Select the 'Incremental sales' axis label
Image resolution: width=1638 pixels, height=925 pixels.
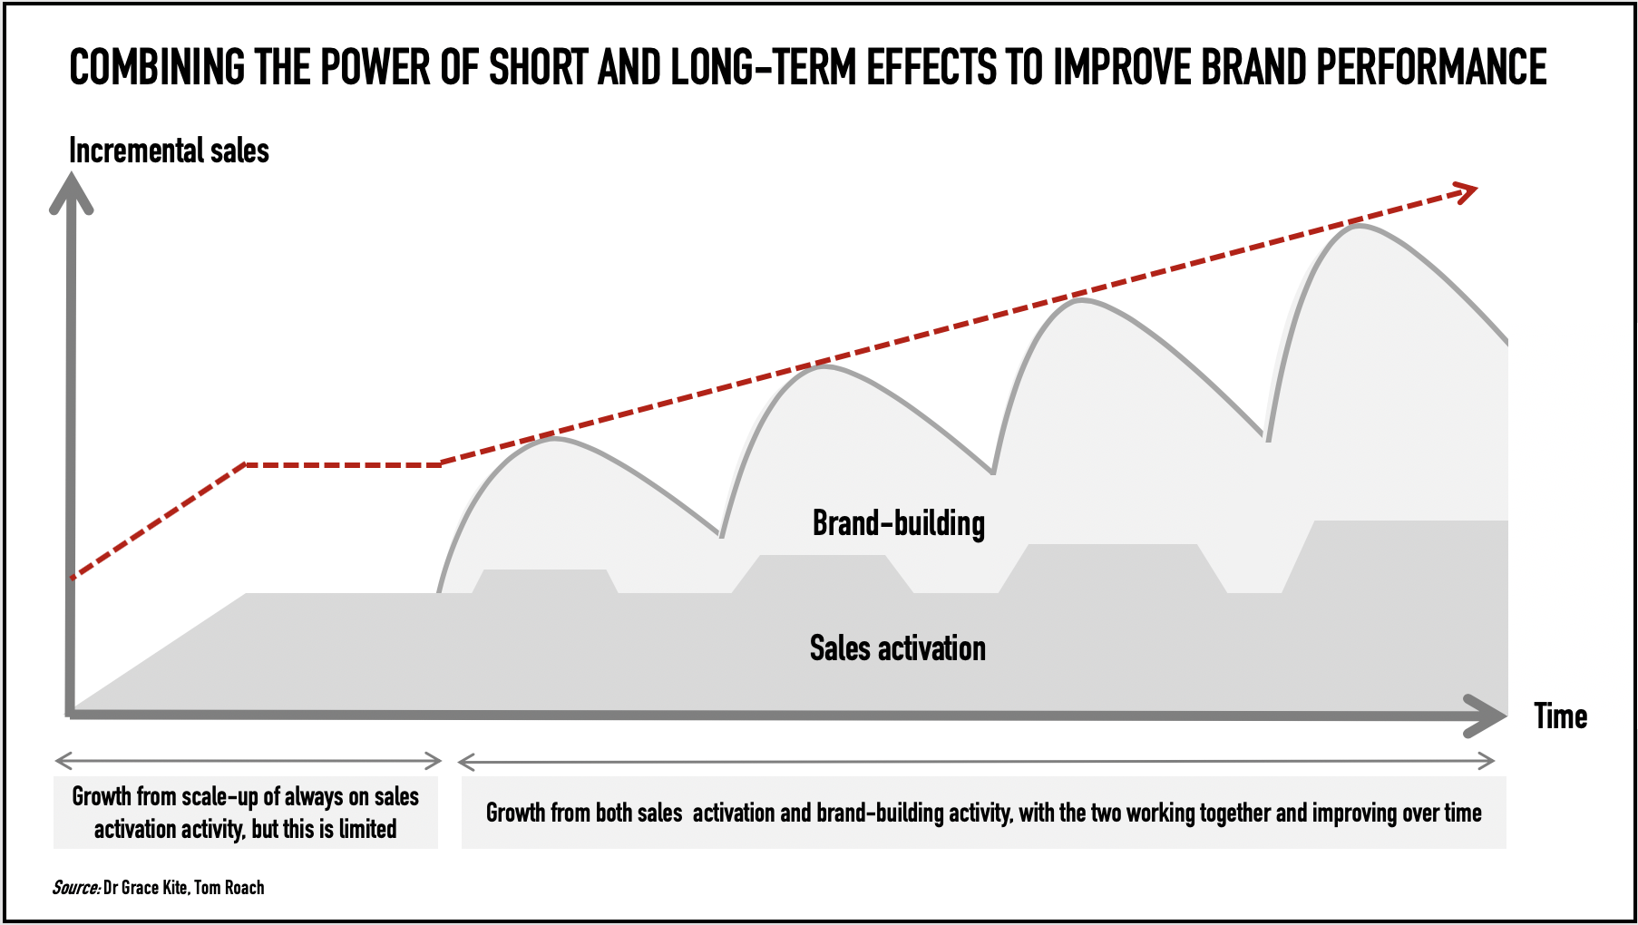tap(169, 151)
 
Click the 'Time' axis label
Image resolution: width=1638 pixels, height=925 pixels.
tap(1560, 716)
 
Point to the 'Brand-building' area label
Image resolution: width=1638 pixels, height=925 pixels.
tap(898, 523)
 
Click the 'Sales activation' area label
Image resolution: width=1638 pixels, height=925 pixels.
tap(897, 648)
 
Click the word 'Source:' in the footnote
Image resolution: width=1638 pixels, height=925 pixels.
tap(75, 888)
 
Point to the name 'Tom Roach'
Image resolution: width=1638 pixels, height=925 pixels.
tap(229, 888)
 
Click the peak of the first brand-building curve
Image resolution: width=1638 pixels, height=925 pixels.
tap(554, 439)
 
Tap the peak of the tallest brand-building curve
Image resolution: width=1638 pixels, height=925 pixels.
tap(1358, 225)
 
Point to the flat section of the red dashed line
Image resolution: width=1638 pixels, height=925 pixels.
tap(342, 465)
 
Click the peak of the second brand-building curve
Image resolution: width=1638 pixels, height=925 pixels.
tap(822, 365)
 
